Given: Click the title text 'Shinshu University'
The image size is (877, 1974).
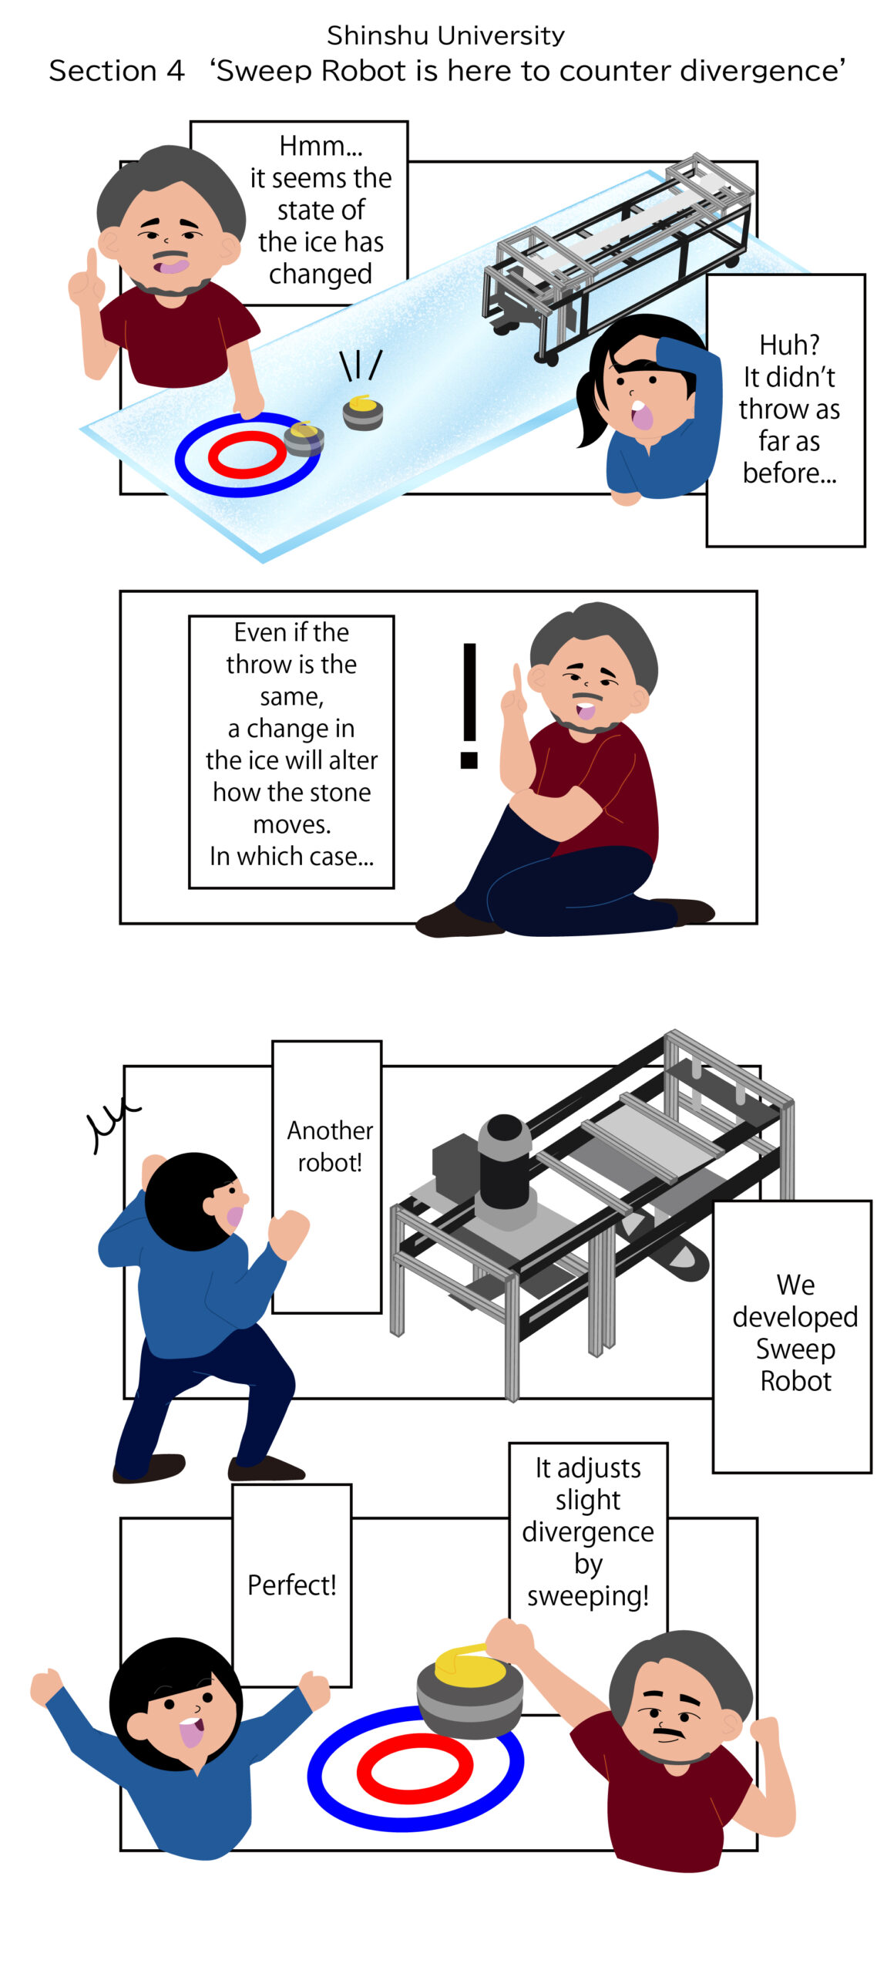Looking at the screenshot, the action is click(445, 35).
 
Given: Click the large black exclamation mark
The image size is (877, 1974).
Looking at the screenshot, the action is click(469, 706).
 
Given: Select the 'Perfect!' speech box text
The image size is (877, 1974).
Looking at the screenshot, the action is click(291, 1585).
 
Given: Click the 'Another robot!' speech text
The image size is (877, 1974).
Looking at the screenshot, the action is click(330, 1146).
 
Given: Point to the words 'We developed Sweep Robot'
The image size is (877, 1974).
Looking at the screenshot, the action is click(795, 1332).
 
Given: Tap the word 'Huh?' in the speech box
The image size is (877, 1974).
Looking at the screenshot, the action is click(789, 345).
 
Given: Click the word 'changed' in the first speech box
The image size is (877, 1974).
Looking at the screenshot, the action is click(321, 275).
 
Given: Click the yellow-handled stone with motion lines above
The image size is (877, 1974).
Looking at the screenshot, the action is click(362, 413).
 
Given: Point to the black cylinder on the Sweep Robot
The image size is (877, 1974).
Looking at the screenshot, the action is click(504, 1160).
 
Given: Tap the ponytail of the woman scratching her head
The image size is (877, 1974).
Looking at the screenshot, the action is click(591, 405).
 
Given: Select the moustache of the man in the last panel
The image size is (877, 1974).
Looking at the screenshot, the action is click(668, 1730).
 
